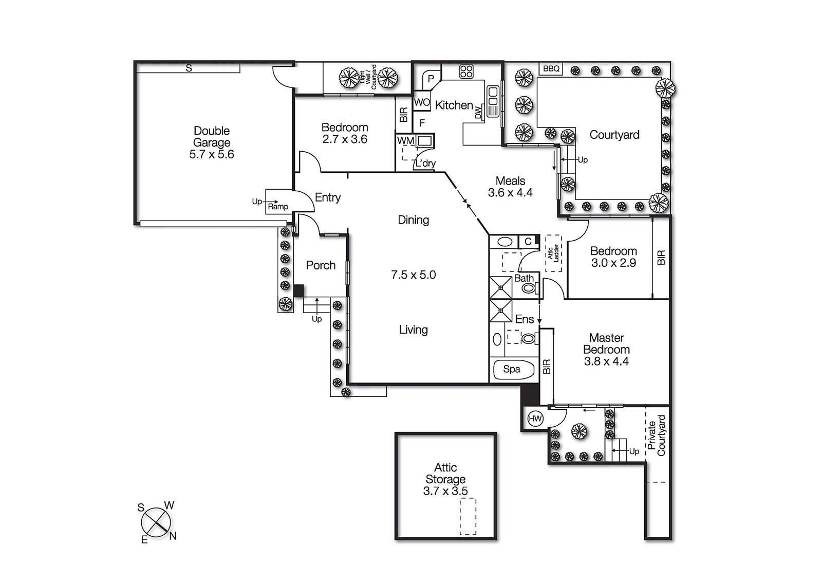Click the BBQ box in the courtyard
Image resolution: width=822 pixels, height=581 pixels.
(x=551, y=68)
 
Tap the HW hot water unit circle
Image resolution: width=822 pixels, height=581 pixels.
(x=535, y=419)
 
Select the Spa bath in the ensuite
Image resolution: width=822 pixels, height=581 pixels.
(x=512, y=369)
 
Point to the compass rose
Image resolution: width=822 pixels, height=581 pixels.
(x=156, y=522)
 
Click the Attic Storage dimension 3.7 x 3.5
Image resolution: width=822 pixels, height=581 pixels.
(x=445, y=491)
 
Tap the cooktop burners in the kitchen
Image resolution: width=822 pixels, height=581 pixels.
(x=466, y=71)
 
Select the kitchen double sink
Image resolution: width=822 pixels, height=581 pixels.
(x=493, y=101)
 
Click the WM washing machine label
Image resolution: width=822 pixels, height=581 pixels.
(x=405, y=140)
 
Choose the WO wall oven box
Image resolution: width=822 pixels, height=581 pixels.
(x=422, y=102)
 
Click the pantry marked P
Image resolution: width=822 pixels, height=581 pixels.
(x=431, y=79)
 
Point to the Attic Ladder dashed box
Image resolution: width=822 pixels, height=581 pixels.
(x=553, y=253)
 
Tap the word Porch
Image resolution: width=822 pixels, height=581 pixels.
(x=321, y=265)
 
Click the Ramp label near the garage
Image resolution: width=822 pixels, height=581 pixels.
(x=278, y=207)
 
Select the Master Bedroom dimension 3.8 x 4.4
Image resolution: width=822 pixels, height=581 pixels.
(x=606, y=361)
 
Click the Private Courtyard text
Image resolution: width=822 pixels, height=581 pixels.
(x=657, y=435)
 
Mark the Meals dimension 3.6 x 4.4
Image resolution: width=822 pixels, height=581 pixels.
(x=510, y=193)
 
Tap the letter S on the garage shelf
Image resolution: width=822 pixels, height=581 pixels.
(x=189, y=68)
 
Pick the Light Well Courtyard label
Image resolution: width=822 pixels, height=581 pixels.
(x=368, y=77)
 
